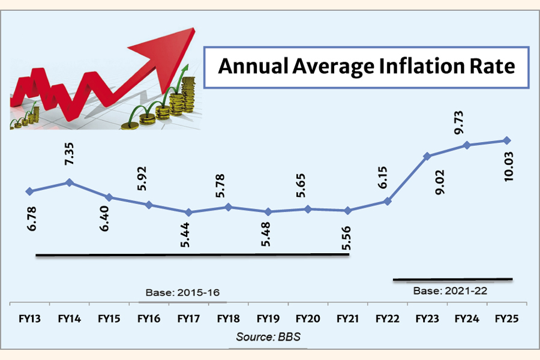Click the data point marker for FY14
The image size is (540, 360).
(x=70, y=182)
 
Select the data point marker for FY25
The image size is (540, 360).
(x=507, y=140)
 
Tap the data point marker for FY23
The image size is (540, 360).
(x=427, y=156)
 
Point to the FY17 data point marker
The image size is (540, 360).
(x=188, y=212)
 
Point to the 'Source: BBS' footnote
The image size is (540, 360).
(x=268, y=336)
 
